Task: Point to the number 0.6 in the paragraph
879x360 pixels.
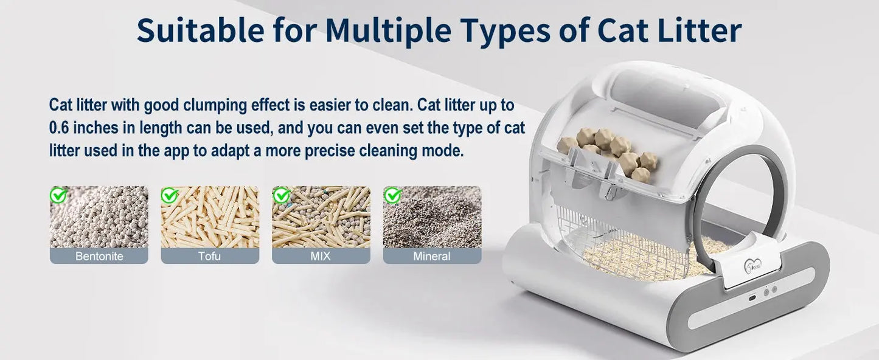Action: click(60, 128)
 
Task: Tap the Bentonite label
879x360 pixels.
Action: click(99, 256)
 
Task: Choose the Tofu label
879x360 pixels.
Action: click(209, 256)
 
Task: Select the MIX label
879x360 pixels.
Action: click(321, 256)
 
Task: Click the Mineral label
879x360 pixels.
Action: click(432, 256)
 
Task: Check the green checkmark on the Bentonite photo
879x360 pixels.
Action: click(58, 195)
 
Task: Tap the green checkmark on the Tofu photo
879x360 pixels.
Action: click(169, 195)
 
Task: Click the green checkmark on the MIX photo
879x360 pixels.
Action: click(281, 195)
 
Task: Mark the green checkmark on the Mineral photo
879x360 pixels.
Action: click(392, 195)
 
